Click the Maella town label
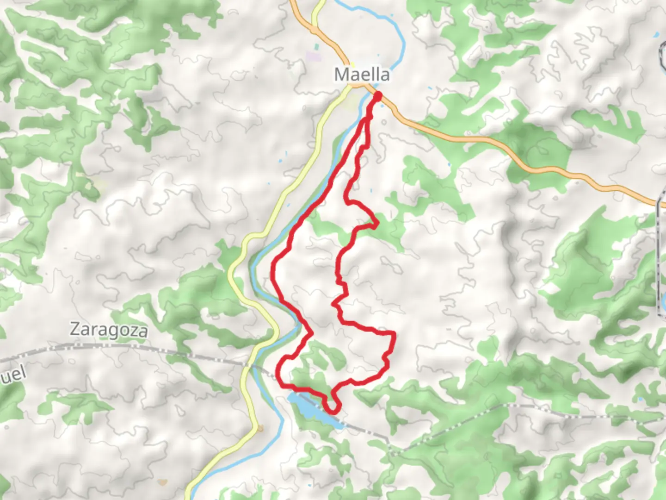(362, 74)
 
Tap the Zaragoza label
(109, 330)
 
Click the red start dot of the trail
(377, 96)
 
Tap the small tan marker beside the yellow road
(260, 429)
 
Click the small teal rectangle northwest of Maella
(316, 47)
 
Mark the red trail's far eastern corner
(394, 333)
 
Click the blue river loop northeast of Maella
(398, 37)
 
